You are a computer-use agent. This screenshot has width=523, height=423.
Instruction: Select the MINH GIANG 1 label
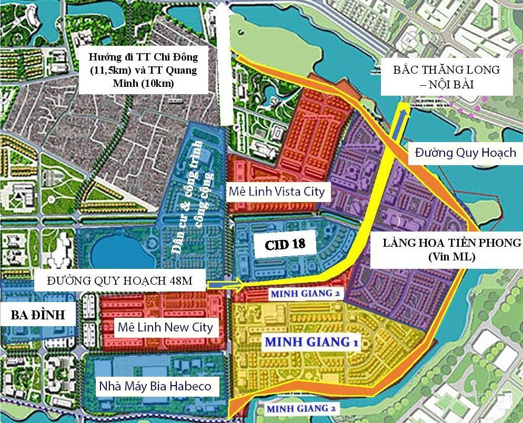(x=311, y=342)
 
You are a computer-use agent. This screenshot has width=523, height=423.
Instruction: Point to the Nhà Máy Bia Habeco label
(x=155, y=386)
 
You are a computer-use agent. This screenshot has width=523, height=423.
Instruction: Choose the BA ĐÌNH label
(x=38, y=315)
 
